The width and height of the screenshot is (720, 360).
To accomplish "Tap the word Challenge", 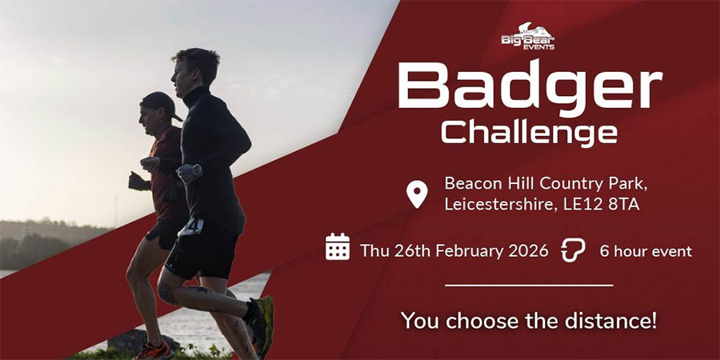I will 529,132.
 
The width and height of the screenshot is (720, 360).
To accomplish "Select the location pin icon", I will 417,194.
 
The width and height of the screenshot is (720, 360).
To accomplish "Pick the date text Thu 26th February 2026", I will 454,250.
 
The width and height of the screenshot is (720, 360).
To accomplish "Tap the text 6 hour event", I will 646,250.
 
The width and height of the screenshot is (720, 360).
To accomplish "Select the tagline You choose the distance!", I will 529,322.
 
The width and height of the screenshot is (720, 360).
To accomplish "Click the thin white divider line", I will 529,284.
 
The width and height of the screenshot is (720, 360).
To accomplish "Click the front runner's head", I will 192,68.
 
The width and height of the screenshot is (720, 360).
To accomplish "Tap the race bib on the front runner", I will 190,226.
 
